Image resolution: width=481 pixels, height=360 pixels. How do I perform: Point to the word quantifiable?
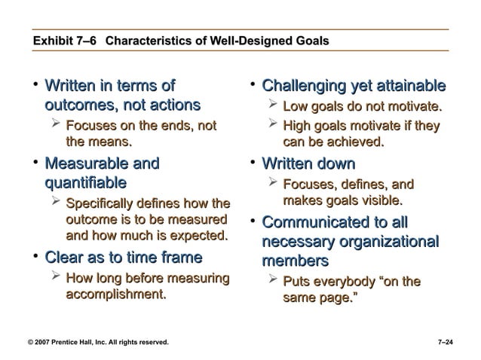click(x=85, y=182)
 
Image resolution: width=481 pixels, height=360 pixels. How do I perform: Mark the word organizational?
click(x=385, y=242)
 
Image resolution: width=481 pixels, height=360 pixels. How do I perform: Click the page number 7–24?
click(x=447, y=343)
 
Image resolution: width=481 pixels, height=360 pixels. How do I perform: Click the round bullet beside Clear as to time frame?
click(x=35, y=257)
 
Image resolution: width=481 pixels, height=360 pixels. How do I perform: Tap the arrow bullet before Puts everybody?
click(x=274, y=281)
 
